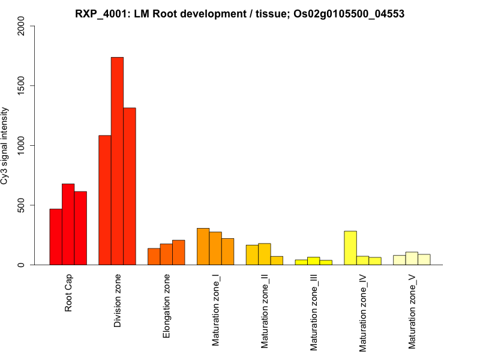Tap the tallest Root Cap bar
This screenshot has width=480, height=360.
pyautogui.click(x=68, y=224)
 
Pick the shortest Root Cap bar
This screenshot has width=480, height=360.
pyautogui.click(x=55, y=237)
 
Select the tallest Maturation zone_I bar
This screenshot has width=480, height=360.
pyautogui.click(x=203, y=247)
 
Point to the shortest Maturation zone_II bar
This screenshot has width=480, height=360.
pyautogui.click(x=277, y=260)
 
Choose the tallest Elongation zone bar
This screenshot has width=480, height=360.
pyautogui.click(x=178, y=253)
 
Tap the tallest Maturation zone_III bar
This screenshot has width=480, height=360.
pyautogui.click(x=313, y=261)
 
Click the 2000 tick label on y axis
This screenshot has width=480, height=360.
pyautogui.click(x=22, y=26)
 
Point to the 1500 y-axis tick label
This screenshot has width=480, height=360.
pyautogui.click(x=22, y=86)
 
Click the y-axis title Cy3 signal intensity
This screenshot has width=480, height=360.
pyautogui.click(x=5, y=145)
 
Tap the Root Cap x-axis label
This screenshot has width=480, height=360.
pyautogui.click(x=68, y=293)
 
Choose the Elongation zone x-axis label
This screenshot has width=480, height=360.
pyautogui.click(x=167, y=306)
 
